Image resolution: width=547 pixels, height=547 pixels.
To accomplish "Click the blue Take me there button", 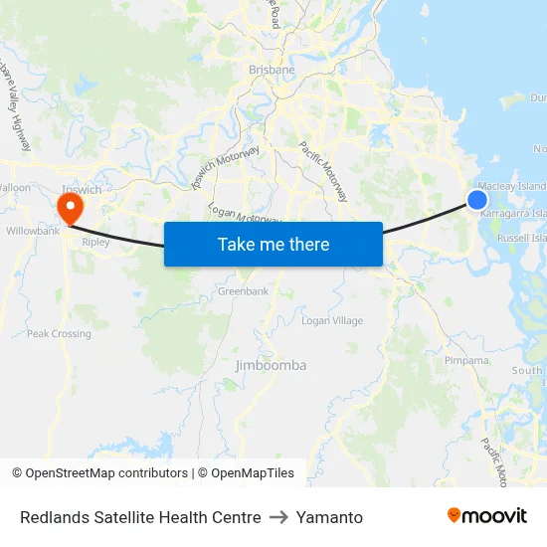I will [273, 244].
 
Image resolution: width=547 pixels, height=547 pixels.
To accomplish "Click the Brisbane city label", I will [272, 70].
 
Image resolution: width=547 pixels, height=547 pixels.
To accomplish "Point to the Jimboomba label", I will [271, 365].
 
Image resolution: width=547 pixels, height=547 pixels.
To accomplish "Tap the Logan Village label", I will [332, 320].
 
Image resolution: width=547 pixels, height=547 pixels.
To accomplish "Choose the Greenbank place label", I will [244, 291].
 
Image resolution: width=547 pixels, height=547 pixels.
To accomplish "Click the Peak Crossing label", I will [59, 334].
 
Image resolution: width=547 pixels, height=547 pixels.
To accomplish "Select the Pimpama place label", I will [466, 360].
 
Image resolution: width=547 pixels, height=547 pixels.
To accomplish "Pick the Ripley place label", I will [96, 242].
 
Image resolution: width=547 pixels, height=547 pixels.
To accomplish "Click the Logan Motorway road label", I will [244, 214].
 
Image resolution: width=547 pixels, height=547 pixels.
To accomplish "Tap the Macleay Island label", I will [512, 186].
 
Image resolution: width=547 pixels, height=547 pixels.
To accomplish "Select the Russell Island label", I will [521, 239].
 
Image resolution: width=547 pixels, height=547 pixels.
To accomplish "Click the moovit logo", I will [487, 515].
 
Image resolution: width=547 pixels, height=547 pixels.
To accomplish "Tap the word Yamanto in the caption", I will [329, 517].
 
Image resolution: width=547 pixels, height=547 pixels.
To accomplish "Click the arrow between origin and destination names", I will [278, 517].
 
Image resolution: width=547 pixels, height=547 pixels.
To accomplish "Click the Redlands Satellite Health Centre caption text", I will [140, 517].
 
